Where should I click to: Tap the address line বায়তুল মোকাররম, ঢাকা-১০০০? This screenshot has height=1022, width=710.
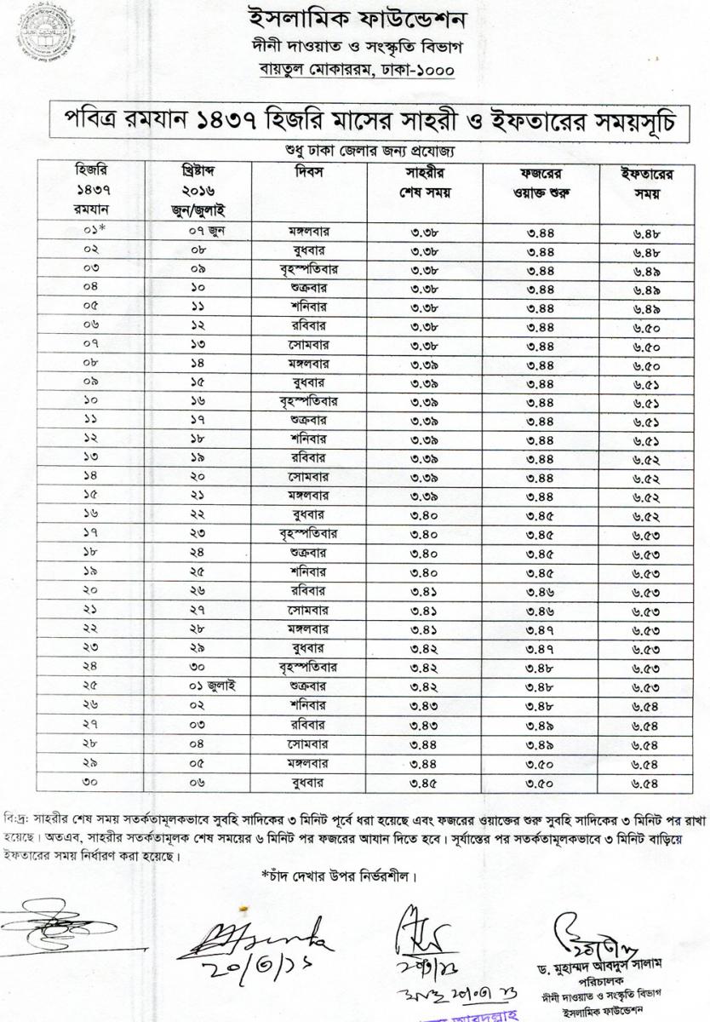point(356,71)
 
